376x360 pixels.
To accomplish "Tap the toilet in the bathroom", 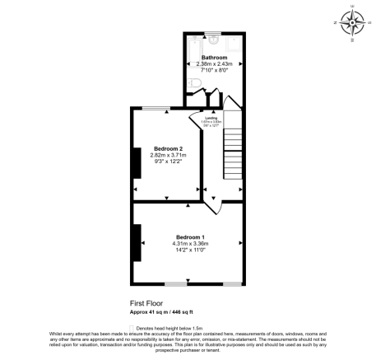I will [192, 83].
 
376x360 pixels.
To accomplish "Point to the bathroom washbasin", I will [214, 40].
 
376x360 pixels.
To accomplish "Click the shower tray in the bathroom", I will [234, 44].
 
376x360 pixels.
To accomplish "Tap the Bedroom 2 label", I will [167, 148].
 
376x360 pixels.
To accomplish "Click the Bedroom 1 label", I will [189, 237].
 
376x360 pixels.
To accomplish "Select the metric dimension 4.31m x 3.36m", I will [189, 243].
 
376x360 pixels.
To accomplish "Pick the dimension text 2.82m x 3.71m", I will [167, 155].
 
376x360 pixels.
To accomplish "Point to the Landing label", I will [211, 117].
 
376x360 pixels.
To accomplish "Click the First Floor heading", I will [147, 302].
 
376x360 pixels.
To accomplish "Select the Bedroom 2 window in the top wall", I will [155, 108].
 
